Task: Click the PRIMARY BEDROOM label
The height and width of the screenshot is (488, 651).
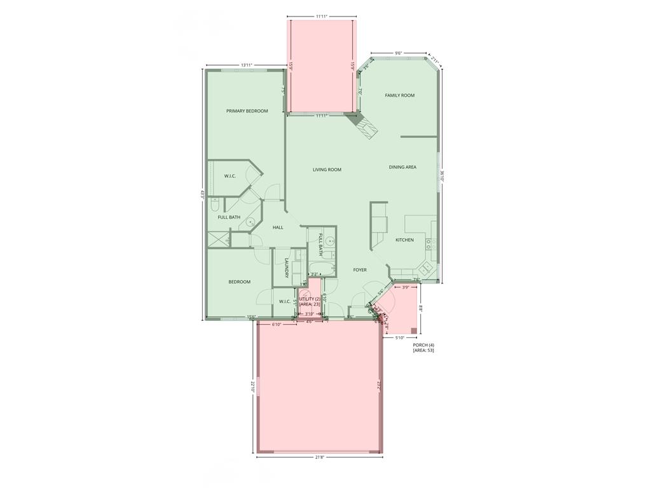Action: coord(247,111)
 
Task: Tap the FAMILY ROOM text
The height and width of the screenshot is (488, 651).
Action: coord(399,95)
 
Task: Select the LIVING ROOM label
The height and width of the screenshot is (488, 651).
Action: coord(327,170)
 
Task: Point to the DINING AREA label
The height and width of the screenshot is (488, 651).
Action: coord(402,167)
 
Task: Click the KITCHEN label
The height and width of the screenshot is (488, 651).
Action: coord(404,240)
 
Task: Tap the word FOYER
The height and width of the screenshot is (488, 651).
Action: coord(360,270)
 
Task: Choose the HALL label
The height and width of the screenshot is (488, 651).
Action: coord(278,227)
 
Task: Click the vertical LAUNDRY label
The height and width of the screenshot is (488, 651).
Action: coord(287,268)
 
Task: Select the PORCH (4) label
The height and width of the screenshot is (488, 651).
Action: coord(423,344)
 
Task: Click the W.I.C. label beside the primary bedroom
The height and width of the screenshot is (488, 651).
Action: coord(230,176)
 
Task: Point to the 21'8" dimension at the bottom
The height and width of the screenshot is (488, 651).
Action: coord(319,457)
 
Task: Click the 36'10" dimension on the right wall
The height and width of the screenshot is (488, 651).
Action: coord(442,175)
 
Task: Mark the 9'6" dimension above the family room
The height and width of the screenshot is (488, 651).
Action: coord(398,53)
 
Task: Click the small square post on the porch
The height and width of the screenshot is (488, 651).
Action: coord(414,330)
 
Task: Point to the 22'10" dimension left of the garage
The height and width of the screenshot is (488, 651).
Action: coord(252,386)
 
